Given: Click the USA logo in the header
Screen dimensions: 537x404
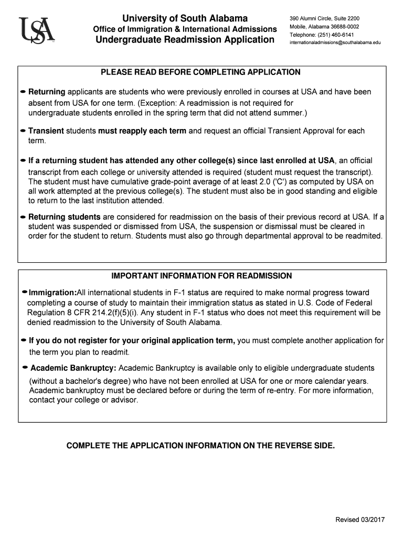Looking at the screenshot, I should point(36,31).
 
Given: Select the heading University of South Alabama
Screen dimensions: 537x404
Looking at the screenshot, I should point(185,18).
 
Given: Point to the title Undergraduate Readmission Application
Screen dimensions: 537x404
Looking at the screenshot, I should point(184,40).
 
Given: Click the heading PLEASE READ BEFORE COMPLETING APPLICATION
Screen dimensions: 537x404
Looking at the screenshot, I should point(201,72).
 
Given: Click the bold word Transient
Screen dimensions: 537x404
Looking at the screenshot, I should point(46,131).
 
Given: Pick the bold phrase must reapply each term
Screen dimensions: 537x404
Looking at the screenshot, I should point(142,131).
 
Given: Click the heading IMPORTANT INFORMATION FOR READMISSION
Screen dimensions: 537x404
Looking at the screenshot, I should point(201,276).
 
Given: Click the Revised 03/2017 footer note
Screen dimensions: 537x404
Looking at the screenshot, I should point(360,519).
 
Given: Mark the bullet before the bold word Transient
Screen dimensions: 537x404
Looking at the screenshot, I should point(23,131).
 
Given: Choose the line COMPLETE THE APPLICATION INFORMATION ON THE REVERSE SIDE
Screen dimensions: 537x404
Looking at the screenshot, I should point(200,445).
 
